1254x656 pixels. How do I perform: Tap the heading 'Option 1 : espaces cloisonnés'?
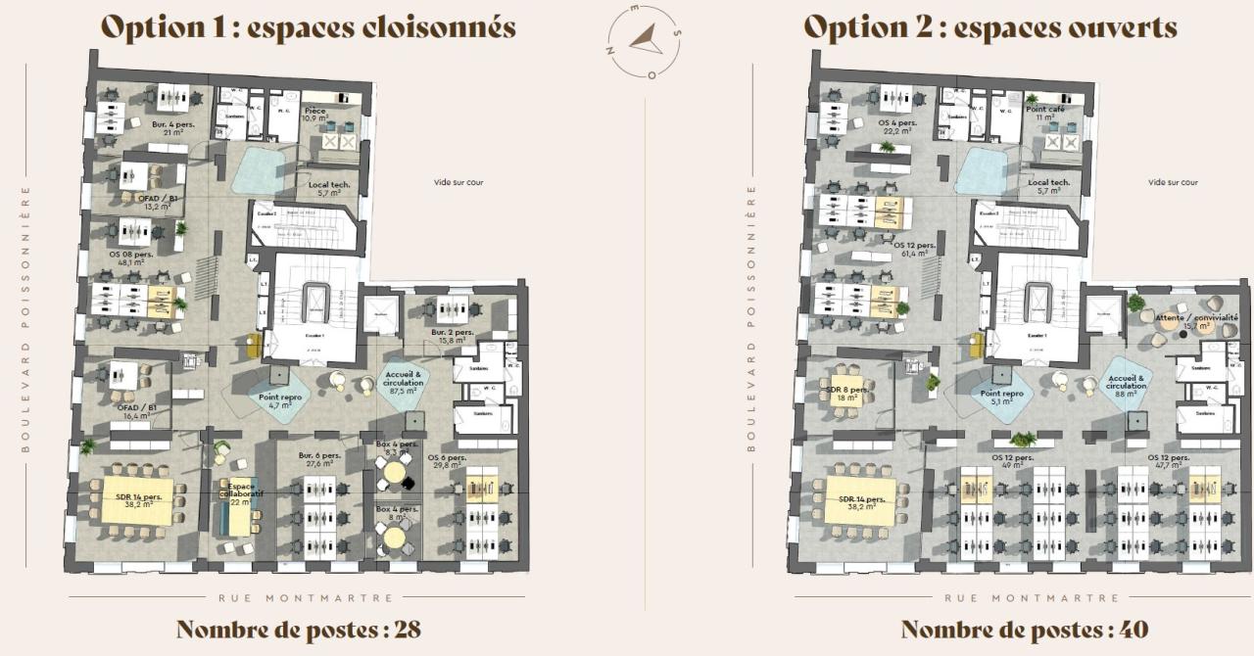[309, 27]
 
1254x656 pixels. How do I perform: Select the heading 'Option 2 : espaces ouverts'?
[990, 27]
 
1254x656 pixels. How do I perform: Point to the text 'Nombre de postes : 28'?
[298, 629]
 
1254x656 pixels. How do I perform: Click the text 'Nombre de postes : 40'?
[1024, 629]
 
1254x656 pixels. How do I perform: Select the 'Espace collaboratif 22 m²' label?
[241, 493]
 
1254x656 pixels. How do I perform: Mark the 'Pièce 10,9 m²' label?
[316, 115]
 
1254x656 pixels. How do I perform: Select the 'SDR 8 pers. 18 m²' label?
[845, 394]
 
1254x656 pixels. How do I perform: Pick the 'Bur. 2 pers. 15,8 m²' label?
[452, 337]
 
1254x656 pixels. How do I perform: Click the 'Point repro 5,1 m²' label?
[1001, 397]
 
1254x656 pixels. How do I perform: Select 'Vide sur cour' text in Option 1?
[458, 182]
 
